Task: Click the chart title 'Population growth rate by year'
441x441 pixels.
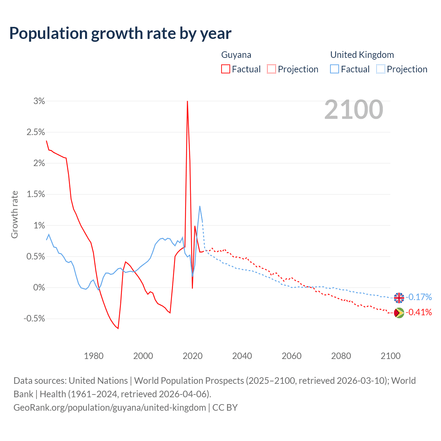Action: pos(120,33)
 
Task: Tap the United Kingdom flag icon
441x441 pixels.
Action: pos(399,297)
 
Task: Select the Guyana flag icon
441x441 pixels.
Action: pos(399,313)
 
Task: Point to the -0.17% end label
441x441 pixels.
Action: pos(419,297)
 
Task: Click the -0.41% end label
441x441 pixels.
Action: pos(419,312)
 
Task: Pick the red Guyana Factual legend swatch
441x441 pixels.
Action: pos(226,69)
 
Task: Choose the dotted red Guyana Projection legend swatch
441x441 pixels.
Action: pos(271,69)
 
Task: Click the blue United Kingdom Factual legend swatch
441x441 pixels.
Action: pos(335,69)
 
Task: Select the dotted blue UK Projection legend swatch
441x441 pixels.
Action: pos(380,69)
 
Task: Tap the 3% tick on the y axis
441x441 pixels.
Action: pos(39,101)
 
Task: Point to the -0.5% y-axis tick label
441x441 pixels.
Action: pos(34,318)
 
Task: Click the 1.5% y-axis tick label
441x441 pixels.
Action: pos(36,194)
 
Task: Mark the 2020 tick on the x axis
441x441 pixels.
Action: pos(193,356)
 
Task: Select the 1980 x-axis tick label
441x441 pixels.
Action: pos(94,356)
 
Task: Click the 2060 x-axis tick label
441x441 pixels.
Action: pos(291,356)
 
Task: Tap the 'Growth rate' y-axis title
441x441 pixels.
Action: pos(14,214)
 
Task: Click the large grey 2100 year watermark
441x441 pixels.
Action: pos(353,110)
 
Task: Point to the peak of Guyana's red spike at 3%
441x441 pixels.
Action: pos(187,101)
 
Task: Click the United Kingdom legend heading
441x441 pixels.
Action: pos(362,55)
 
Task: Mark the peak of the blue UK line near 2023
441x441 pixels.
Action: pos(200,206)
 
